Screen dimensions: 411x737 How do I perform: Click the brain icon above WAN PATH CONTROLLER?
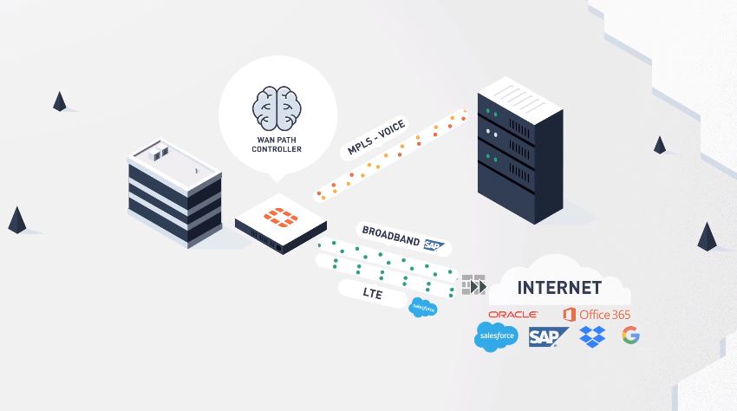(x=277, y=108)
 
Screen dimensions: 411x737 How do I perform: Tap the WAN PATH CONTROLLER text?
(x=277, y=144)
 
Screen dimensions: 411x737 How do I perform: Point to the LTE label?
(x=373, y=294)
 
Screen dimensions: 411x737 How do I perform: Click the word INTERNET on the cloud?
(x=558, y=287)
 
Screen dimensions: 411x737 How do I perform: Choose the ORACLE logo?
(x=512, y=314)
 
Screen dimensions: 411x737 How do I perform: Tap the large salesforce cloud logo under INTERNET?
(x=495, y=336)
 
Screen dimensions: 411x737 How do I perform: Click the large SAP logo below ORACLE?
(x=548, y=336)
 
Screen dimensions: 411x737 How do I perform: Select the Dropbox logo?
(x=592, y=336)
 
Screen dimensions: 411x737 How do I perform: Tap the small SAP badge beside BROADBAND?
(x=434, y=245)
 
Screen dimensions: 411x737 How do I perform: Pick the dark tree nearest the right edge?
(x=707, y=237)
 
